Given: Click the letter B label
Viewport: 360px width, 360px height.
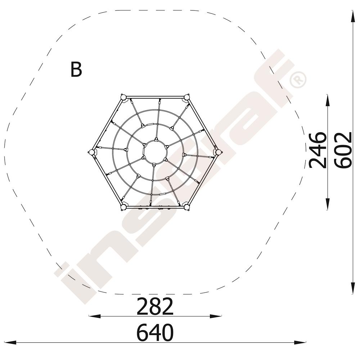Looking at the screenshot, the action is (x=76, y=69).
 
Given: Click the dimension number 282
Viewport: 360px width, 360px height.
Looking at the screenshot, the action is (x=155, y=306).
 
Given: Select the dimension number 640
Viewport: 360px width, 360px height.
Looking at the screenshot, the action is (x=155, y=332).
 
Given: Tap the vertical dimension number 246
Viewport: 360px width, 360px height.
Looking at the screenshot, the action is (x=318, y=150).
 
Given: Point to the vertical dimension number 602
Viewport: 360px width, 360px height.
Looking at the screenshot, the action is (x=343, y=150).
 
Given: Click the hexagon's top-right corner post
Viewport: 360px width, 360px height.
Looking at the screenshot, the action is (x=186, y=97).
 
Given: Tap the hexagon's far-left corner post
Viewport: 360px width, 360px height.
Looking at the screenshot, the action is (x=91, y=152).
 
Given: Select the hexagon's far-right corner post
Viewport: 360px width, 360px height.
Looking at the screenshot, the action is (x=219, y=152).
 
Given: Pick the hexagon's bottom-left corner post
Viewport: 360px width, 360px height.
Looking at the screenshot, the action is (x=123, y=207).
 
